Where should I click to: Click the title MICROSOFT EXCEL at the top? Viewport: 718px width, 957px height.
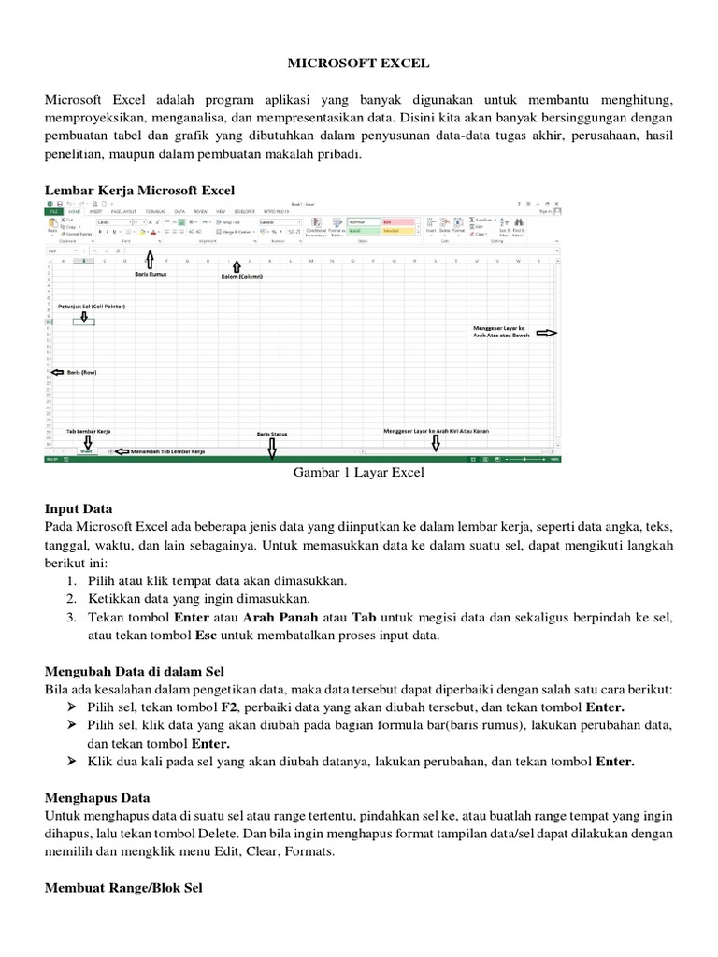359,63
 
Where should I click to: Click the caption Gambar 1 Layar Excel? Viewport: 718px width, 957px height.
359,473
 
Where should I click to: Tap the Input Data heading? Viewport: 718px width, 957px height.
79,509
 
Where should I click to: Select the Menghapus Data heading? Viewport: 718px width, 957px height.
97,799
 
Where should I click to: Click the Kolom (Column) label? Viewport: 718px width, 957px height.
242,277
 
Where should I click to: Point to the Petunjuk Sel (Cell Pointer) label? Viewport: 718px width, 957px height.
92,306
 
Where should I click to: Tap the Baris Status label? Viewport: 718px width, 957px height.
271,434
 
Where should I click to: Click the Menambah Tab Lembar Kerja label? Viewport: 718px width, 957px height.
167,450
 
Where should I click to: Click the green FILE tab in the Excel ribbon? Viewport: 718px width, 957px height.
52,212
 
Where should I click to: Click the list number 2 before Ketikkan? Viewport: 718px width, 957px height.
71,599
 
